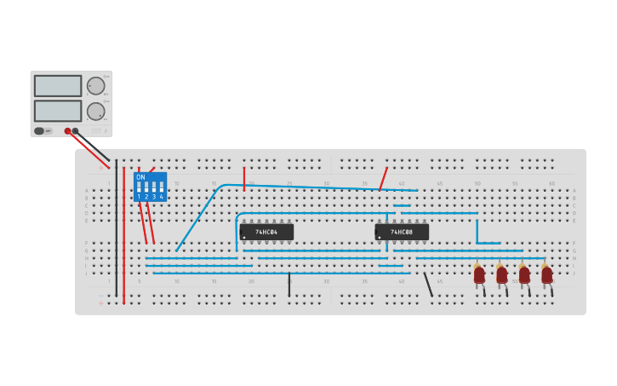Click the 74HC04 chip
tap(266, 232)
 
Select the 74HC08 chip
tap(402, 232)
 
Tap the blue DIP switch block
tap(150, 187)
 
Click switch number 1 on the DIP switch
tap(139, 187)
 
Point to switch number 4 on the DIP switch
tap(161, 187)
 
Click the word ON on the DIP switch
tap(140, 177)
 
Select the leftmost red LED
tap(479, 274)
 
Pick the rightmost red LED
tap(546, 274)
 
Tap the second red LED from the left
tap(501, 274)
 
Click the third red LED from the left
tap(524, 274)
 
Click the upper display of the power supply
tap(58, 86)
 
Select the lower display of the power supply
tap(58, 111)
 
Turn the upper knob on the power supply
tap(95, 86)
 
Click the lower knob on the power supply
tap(95, 111)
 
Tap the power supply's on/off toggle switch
tap(39, 131)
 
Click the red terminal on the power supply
tap(67, 131)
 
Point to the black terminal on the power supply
tap(76, 131)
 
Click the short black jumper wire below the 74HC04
tap(289, 285)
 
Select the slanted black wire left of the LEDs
tap(428, 285)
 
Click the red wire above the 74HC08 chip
tap(383, 179)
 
